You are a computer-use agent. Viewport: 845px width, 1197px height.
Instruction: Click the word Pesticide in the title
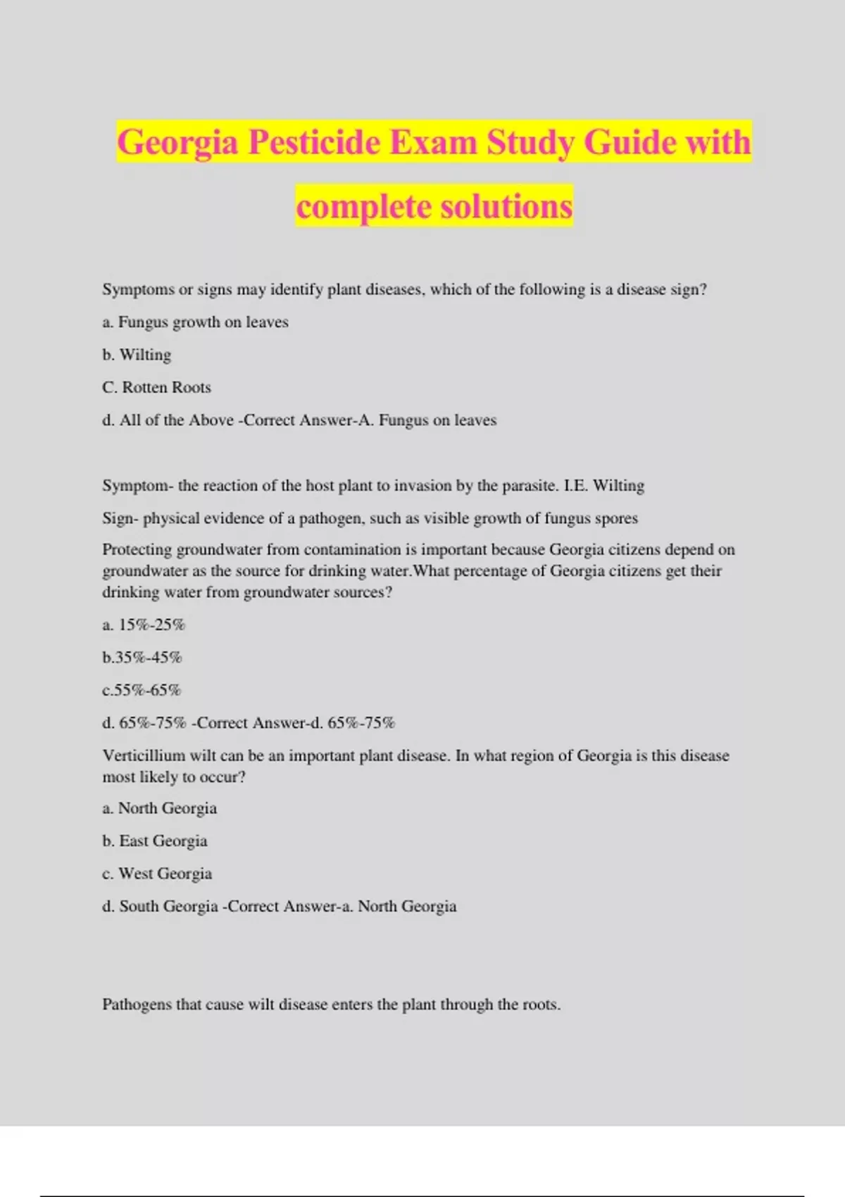point(314,142)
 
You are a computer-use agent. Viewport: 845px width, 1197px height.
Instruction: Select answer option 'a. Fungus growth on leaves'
point(195,322)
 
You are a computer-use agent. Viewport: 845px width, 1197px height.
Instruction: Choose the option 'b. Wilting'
point(137,354)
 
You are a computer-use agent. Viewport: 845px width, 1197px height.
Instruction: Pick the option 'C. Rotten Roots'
point(156,387)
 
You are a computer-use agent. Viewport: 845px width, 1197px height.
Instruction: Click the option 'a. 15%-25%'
point(144,625)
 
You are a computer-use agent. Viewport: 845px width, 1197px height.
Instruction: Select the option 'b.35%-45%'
point(142,657)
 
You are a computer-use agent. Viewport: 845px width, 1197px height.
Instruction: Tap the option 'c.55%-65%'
point(142,690)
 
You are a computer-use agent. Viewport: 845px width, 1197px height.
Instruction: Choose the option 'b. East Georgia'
point(155,841)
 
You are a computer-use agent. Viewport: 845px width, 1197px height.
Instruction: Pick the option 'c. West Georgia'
point(157,873)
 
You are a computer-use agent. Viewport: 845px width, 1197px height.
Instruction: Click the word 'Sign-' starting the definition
point(120,518)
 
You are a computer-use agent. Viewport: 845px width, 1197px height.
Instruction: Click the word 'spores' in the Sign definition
point(616,518)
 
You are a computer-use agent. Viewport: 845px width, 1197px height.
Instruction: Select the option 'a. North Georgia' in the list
point(160,808)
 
